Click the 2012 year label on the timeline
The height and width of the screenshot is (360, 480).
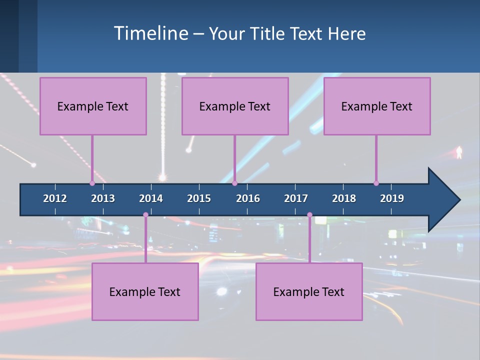[x=55, y=198]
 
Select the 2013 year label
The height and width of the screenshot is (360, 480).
[x=103, y=198]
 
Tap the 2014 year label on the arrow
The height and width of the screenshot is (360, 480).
[x=151, y=198]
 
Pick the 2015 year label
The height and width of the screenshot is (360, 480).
[x=199, y=198]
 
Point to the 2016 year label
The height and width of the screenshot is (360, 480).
[x=248, y=198]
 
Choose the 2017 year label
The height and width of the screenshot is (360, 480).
[x=296, y=198]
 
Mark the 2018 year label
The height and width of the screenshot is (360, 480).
[x=344, y=198]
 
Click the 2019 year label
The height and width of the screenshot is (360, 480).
[x=392, y=198]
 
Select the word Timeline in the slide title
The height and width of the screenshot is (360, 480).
[x=150, y=33]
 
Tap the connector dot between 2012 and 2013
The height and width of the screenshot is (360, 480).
[x=92, y=183]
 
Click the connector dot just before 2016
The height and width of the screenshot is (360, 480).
[x=234, y=183]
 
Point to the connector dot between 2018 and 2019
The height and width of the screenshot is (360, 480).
[x=376, y=183]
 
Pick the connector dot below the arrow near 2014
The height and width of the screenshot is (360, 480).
[x=145, y=215]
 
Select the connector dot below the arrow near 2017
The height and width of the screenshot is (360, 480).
[x=309, y=215]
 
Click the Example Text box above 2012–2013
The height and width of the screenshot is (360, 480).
[x=93, y=106]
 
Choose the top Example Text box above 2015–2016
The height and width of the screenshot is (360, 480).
[x=235, y=106]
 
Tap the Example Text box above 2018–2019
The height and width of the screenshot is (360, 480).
[x=377, y=106]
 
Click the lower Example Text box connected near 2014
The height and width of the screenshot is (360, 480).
[x=145, y=291]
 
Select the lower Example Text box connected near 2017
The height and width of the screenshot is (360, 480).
[x=309, y=291]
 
